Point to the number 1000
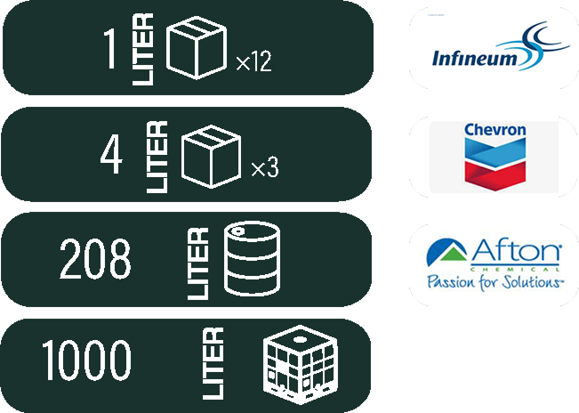(86, 360)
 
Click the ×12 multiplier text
(253, 62)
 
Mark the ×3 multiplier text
(265, 168)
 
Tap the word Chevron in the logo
(495, 131)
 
